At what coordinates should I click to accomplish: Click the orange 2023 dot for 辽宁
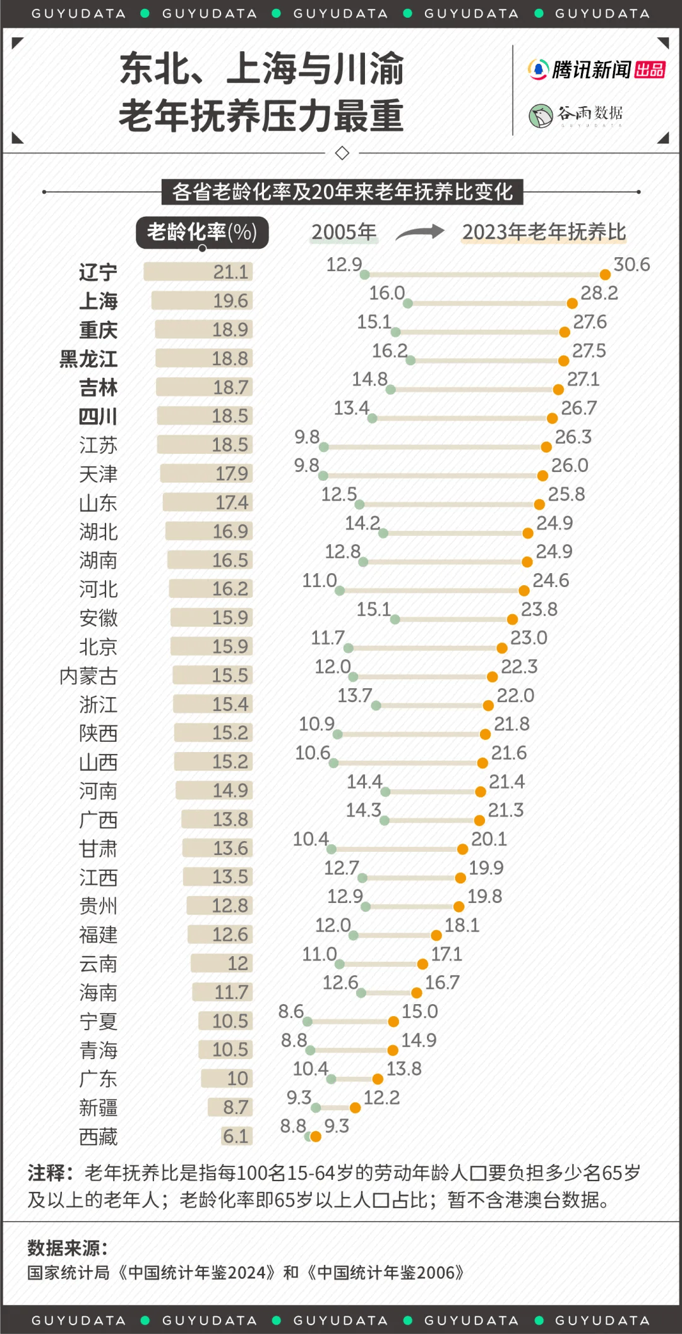(605, 274)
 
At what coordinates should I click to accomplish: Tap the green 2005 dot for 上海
(408, 303)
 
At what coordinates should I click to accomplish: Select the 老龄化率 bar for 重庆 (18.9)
(203, 329)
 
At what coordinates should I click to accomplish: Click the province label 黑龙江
(88, 359)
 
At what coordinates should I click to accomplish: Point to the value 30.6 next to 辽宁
(631, 264)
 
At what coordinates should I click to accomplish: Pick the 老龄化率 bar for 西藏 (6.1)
(237, 1136)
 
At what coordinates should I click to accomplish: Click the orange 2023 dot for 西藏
(316, 1136)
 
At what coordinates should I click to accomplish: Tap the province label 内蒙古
(88, 676)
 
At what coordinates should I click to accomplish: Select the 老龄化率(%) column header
(202, 232)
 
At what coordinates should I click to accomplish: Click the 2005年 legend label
(344, 232)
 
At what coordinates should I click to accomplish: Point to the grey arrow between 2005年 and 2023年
(420, 232)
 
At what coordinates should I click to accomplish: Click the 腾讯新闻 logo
(596, 69)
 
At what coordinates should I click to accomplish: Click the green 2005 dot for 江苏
(324, 447)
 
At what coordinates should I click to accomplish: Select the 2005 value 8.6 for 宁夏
(291, 1011)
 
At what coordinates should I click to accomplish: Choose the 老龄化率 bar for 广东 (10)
(227, 1078)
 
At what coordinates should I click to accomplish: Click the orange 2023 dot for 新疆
(356, 1107)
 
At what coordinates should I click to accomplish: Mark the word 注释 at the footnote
(46, 1173)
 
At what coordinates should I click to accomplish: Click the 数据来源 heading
(67, 1247)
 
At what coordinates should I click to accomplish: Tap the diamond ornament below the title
(342, 153)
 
